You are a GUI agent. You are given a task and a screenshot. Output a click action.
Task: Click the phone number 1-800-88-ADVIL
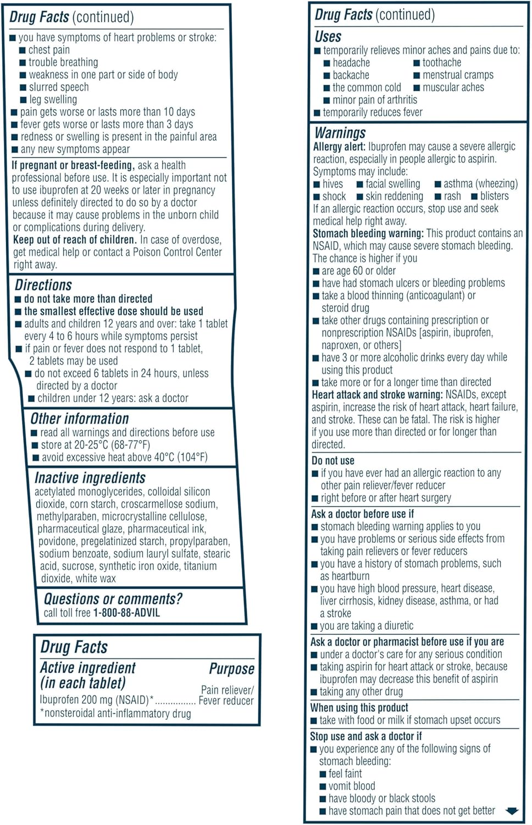(x=126, y=613)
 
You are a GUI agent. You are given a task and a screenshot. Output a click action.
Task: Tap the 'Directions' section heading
(x=43, y=285)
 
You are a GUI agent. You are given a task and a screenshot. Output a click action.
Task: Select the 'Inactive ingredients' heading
(x=90, y=477)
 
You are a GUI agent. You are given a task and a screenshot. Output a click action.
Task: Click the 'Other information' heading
(x=80, y=419)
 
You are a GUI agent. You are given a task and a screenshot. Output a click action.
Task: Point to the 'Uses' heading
(x=328, y=37)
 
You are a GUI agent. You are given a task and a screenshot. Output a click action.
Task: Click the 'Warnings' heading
(x=340, y=133)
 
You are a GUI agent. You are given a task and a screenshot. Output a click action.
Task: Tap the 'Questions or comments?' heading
(x=113, y=598)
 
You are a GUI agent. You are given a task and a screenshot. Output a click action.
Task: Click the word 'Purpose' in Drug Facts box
(x=231, y=669)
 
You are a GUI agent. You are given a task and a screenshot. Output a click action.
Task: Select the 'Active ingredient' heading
(x=88, y=668)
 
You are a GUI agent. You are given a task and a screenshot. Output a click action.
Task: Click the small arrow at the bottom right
(x=512, y=811)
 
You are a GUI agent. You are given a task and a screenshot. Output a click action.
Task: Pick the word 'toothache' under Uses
(x=442, y=63)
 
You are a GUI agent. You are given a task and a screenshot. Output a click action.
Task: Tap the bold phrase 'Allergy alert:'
(x=339, y=147)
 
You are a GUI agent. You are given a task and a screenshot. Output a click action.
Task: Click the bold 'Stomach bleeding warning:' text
(x=368, y=233)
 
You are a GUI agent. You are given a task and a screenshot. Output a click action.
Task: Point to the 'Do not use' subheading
(x=333, y=460)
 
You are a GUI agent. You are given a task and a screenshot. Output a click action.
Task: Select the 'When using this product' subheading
(x=359, y=707)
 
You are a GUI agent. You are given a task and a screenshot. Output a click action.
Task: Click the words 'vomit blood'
(x=352, y=786)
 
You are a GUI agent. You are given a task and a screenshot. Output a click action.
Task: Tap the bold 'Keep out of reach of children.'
(x=75, y=240)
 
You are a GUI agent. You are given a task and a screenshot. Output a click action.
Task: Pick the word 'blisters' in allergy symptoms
(x=495, y=196)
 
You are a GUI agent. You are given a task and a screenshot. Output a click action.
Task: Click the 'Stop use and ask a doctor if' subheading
(x=366, y=736)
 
